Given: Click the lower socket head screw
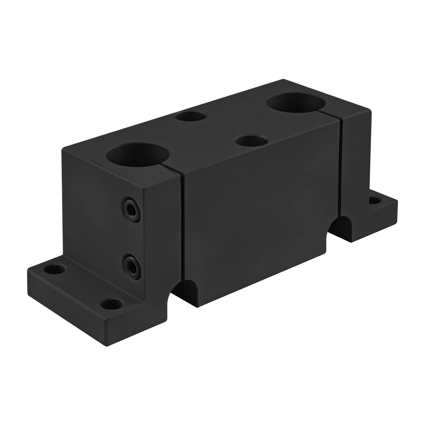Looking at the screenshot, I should click(x=131, y=264).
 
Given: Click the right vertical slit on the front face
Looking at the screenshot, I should click(x=340, y=170).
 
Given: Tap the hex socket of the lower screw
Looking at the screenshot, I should click(x=131, y=265).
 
